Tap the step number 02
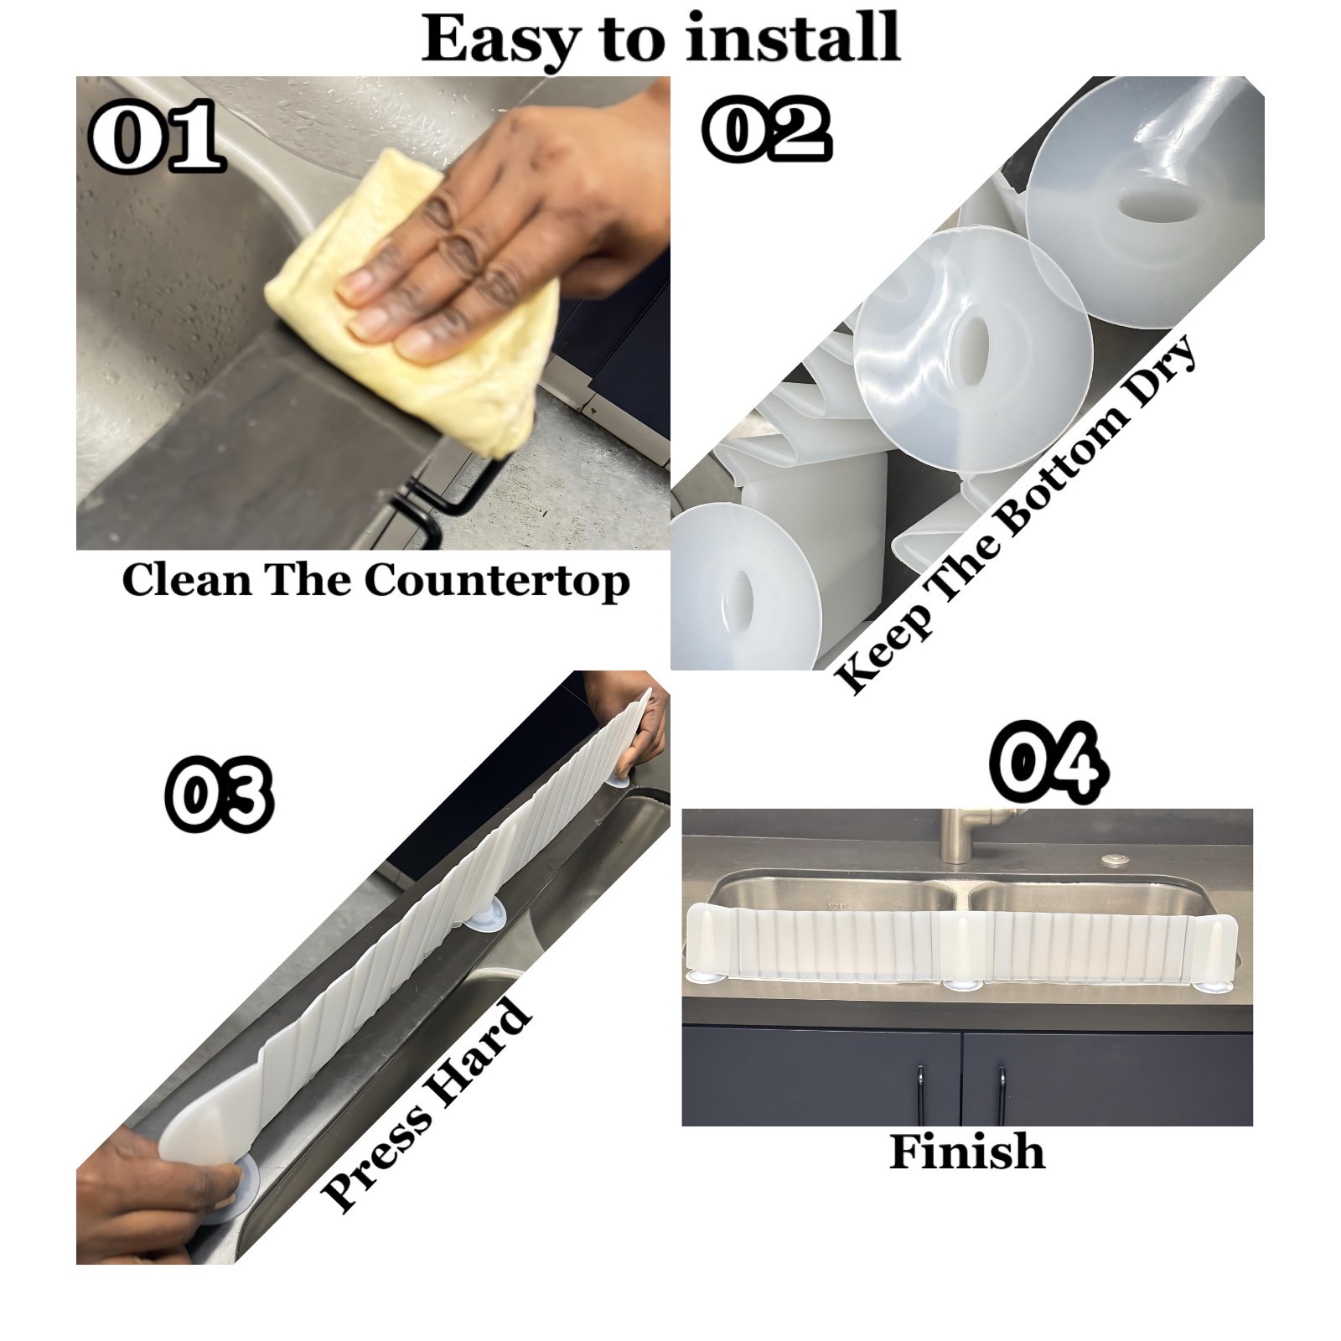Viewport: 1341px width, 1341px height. tap(768, 129)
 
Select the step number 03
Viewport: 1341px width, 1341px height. tap(220, 794)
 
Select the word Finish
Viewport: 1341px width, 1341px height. tap(966, 1152)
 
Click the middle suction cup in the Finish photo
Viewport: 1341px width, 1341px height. tap(964, 985)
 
